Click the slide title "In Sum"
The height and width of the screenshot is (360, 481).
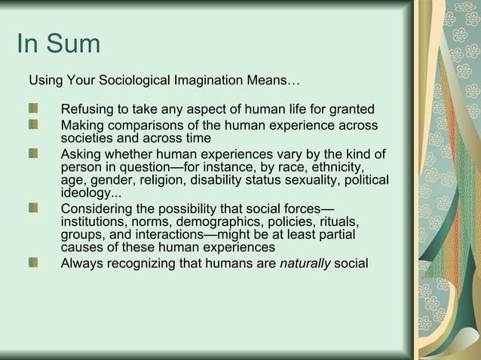(x=58, y=44)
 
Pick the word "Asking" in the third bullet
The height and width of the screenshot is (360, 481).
(x=81, y=154)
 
